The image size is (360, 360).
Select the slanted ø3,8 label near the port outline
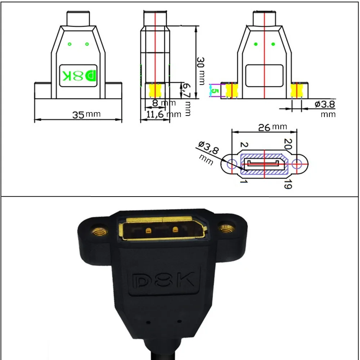(208, 148)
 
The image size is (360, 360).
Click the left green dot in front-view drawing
(70, 44)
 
